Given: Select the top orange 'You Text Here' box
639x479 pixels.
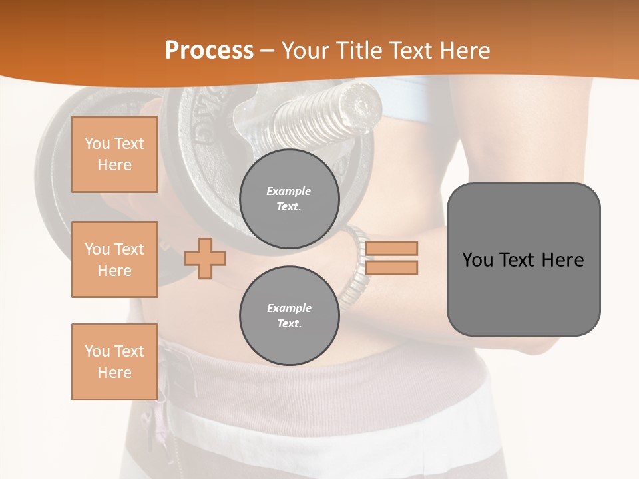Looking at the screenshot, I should pyautogui.click(x=114, y=154).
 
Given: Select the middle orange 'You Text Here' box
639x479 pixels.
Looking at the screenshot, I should pyautogui.click(x=114, y=259).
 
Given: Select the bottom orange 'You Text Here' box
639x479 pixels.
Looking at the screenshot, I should pyautogui.click(x=114, y=361).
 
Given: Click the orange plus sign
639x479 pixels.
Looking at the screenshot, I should pyautogui.click(x=204, y=259).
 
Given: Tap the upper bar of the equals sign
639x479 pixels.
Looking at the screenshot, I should pyautogui.click(x=391, y=248).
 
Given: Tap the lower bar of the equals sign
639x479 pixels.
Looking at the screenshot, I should pyautogui.click(x=391, y=268).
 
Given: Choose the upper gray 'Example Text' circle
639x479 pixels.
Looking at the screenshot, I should pyautogui.click(x=289, y=199).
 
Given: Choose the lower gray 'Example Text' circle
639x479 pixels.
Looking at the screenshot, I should pyautogui.click(x=289, y=316).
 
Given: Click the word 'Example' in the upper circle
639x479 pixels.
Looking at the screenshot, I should pyautogui.click(x=289, y=192).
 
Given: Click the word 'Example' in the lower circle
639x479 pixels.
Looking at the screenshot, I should pyautogui.click(x=289, y=309).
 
